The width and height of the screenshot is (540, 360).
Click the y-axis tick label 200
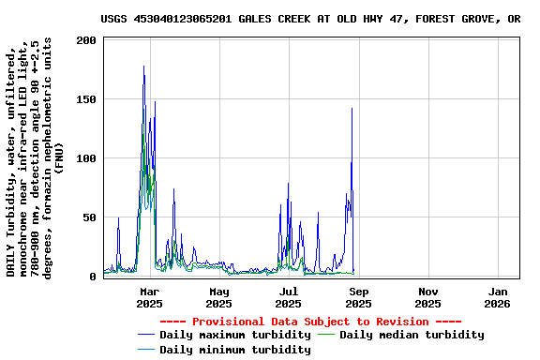87,40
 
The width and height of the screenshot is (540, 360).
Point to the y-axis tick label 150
87,99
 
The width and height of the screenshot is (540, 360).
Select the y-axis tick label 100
87,158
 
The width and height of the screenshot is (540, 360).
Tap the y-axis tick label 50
91,217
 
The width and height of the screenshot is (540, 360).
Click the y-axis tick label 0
94,277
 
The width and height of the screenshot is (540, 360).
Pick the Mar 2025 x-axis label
149,297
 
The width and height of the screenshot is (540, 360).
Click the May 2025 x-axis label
218,297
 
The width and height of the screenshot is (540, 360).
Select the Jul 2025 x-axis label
289,297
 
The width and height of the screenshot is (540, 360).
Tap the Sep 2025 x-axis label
358,297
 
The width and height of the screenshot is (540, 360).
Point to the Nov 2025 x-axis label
427,297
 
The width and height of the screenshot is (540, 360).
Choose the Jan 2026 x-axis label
497,297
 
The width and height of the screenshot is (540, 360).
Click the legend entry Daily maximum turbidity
234,335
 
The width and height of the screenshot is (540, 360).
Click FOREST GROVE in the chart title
460,19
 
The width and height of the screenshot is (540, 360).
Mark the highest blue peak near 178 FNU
143,66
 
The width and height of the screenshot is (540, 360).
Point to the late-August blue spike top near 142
352,109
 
